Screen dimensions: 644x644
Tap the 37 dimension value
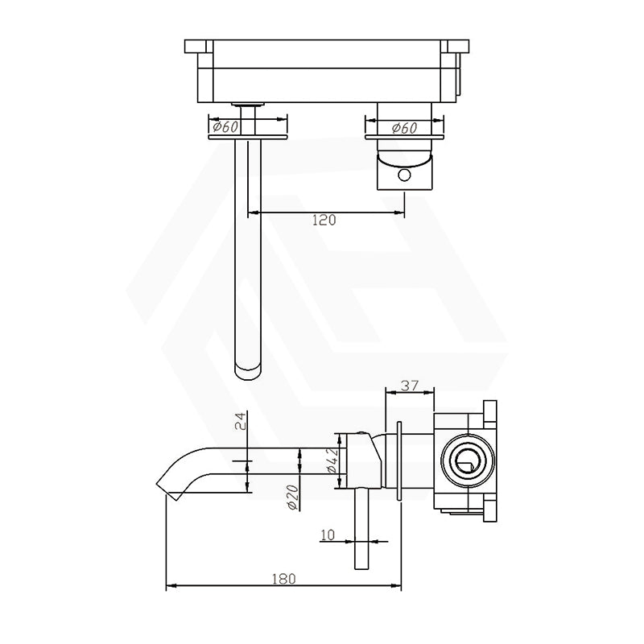(x=411, y=386)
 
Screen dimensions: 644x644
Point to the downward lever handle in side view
(x=360, y=531)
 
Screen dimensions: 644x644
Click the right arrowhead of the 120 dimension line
(x=400, y=213)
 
